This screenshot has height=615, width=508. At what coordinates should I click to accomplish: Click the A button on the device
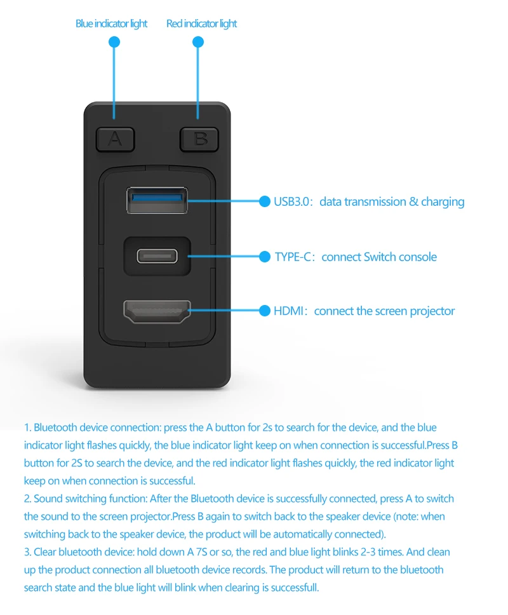click(x=115, y=139)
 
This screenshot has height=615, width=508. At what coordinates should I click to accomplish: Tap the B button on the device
click(x=199, y=139)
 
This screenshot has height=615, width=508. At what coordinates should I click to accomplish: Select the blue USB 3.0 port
click(x=157, y=200)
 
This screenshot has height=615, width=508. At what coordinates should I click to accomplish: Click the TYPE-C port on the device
click(x=157, y=256)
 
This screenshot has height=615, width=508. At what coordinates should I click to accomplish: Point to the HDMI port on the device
click(x=157, y=311)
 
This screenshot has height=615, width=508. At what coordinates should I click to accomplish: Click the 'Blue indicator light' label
click(x=111, y=24)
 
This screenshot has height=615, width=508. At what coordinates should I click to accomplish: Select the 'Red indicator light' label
click(x=201, y=24)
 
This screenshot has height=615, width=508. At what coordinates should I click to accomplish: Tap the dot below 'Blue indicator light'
click(x=114, y=42)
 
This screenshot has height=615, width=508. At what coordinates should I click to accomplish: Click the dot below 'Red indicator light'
click(x=198, y=42)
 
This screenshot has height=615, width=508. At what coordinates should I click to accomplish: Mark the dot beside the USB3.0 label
click(x=265, y=201)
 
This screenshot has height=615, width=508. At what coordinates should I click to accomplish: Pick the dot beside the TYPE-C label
click(x=265, y=257)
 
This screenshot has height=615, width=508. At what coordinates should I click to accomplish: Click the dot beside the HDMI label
click(x=265, y=311)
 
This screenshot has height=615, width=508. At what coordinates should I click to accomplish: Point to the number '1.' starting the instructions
click(x=27, y=428)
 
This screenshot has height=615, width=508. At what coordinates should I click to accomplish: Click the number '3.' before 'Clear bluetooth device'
click(x=28, y=552)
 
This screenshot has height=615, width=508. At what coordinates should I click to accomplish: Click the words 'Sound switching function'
click(x=76, y=499)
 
